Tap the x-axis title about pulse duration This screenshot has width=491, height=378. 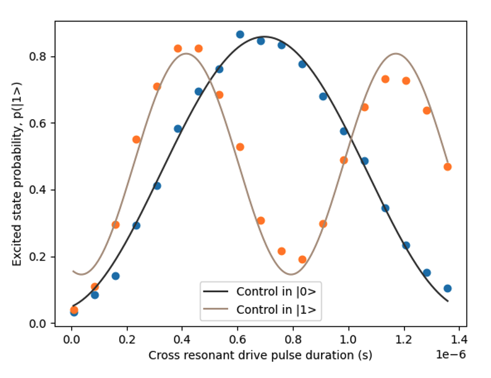pyautogui.click(x=260, y=356)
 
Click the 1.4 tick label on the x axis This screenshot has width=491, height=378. pyautogui.click(x=458, y=339)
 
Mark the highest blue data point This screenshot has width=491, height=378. pyautogui.click(x=240, y=35)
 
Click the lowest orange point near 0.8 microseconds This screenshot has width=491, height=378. pyautogui.click(x=302, y=259)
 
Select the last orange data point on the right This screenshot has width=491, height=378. pyautogui.click(x=447, y=167)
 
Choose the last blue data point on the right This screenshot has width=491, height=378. pyautogui.click(x=447, y=288)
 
